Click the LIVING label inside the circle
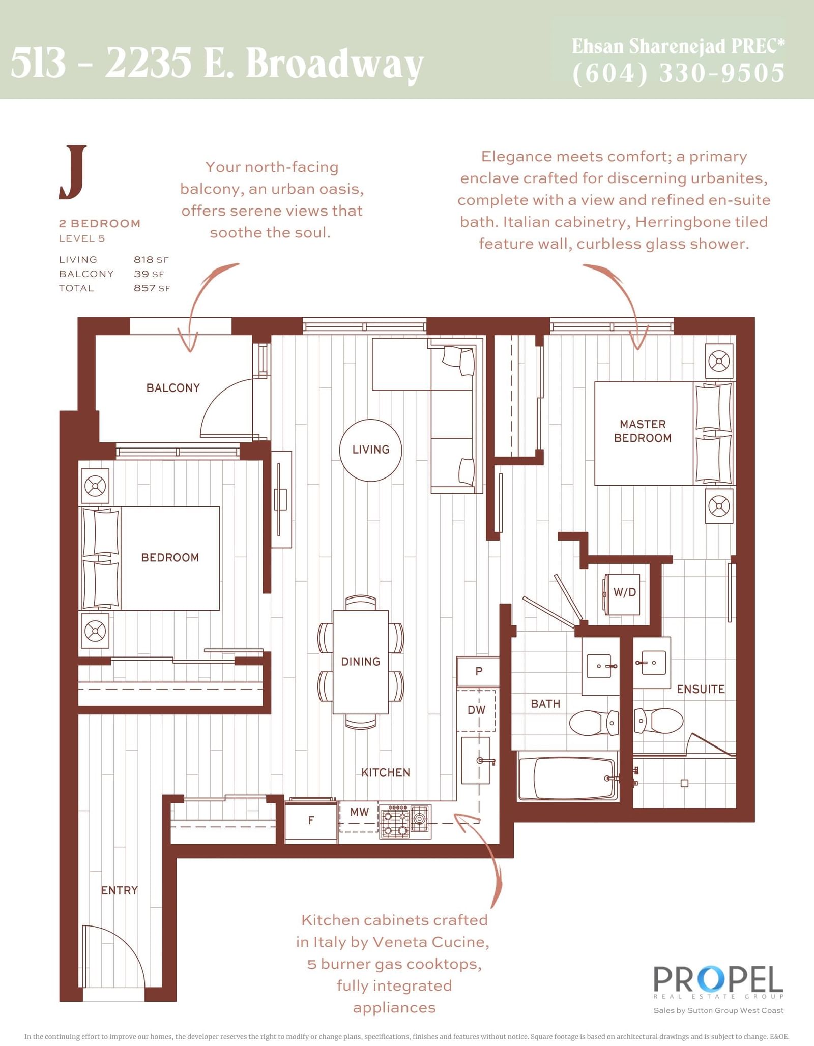pyautogui.click(x=371, y=450)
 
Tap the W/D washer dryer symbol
pyautogui.click(x=621, y=593)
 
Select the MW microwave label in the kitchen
pyautogui.click(x=359, y=812)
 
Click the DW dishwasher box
pyautogui.click(x=476, y=710)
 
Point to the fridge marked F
pyautogui.click(x=311, y=819)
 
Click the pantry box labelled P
pyautogui.click(x=478, y=671)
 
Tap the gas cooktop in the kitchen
pyautogui.click(x=405, y=821)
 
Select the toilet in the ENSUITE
pyautogui.click(x=658, y=721)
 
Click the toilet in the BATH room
pyautogui.click(x=594, y=723)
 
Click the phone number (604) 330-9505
pyautogui.click(x=678, y=73)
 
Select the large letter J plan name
pyautogui.click(x=73, y=172)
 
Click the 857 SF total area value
pyautogui.click(x=152, y=288)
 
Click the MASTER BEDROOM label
pyautogui.click(x=643, y=431)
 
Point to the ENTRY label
pyautogui.click(x=120, y=890)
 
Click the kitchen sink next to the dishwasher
pyautogui.click(x=476, y=761)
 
